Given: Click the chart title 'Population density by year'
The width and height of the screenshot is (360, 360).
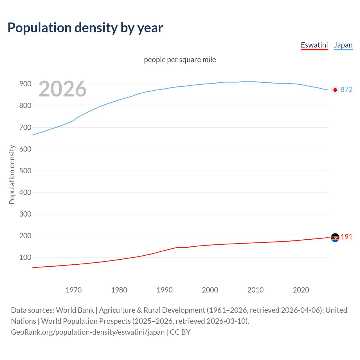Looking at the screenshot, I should coord(85,28).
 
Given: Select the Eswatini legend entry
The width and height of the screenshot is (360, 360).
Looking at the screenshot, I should coord(314,45).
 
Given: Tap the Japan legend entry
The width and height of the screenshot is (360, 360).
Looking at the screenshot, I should coord(343,45).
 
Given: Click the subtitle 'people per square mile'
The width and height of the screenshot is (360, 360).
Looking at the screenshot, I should coord(180,60).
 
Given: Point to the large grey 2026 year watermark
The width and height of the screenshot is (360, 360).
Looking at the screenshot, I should coord(62,89).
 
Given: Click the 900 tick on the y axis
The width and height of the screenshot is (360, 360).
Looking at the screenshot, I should coord(25,84).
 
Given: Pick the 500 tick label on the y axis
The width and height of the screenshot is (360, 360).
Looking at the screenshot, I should coord(25,171).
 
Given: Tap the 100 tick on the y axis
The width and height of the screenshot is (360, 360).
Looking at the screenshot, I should coord(25,257).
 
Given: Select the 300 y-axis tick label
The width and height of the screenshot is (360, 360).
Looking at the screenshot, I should coord(25,214).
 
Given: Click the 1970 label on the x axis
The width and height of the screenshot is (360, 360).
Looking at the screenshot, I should coord(74,290).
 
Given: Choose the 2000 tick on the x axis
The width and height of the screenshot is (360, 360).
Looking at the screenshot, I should coord(210,290).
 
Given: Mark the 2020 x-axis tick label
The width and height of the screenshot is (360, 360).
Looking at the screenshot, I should coord(301,290).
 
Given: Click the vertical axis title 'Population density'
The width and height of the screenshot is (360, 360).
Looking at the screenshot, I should coord(12,174).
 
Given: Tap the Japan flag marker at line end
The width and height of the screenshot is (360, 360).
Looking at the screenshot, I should coord(335,90).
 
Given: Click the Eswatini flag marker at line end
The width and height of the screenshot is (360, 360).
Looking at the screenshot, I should coord(335,238).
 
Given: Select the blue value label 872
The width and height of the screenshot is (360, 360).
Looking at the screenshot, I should coord(346,89).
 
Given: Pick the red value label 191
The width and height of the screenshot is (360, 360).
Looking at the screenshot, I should coord(346,237).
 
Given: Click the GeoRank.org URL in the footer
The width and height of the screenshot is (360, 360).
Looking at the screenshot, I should coord(88,332).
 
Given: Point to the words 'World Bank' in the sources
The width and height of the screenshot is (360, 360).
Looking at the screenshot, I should coord(75,310).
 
